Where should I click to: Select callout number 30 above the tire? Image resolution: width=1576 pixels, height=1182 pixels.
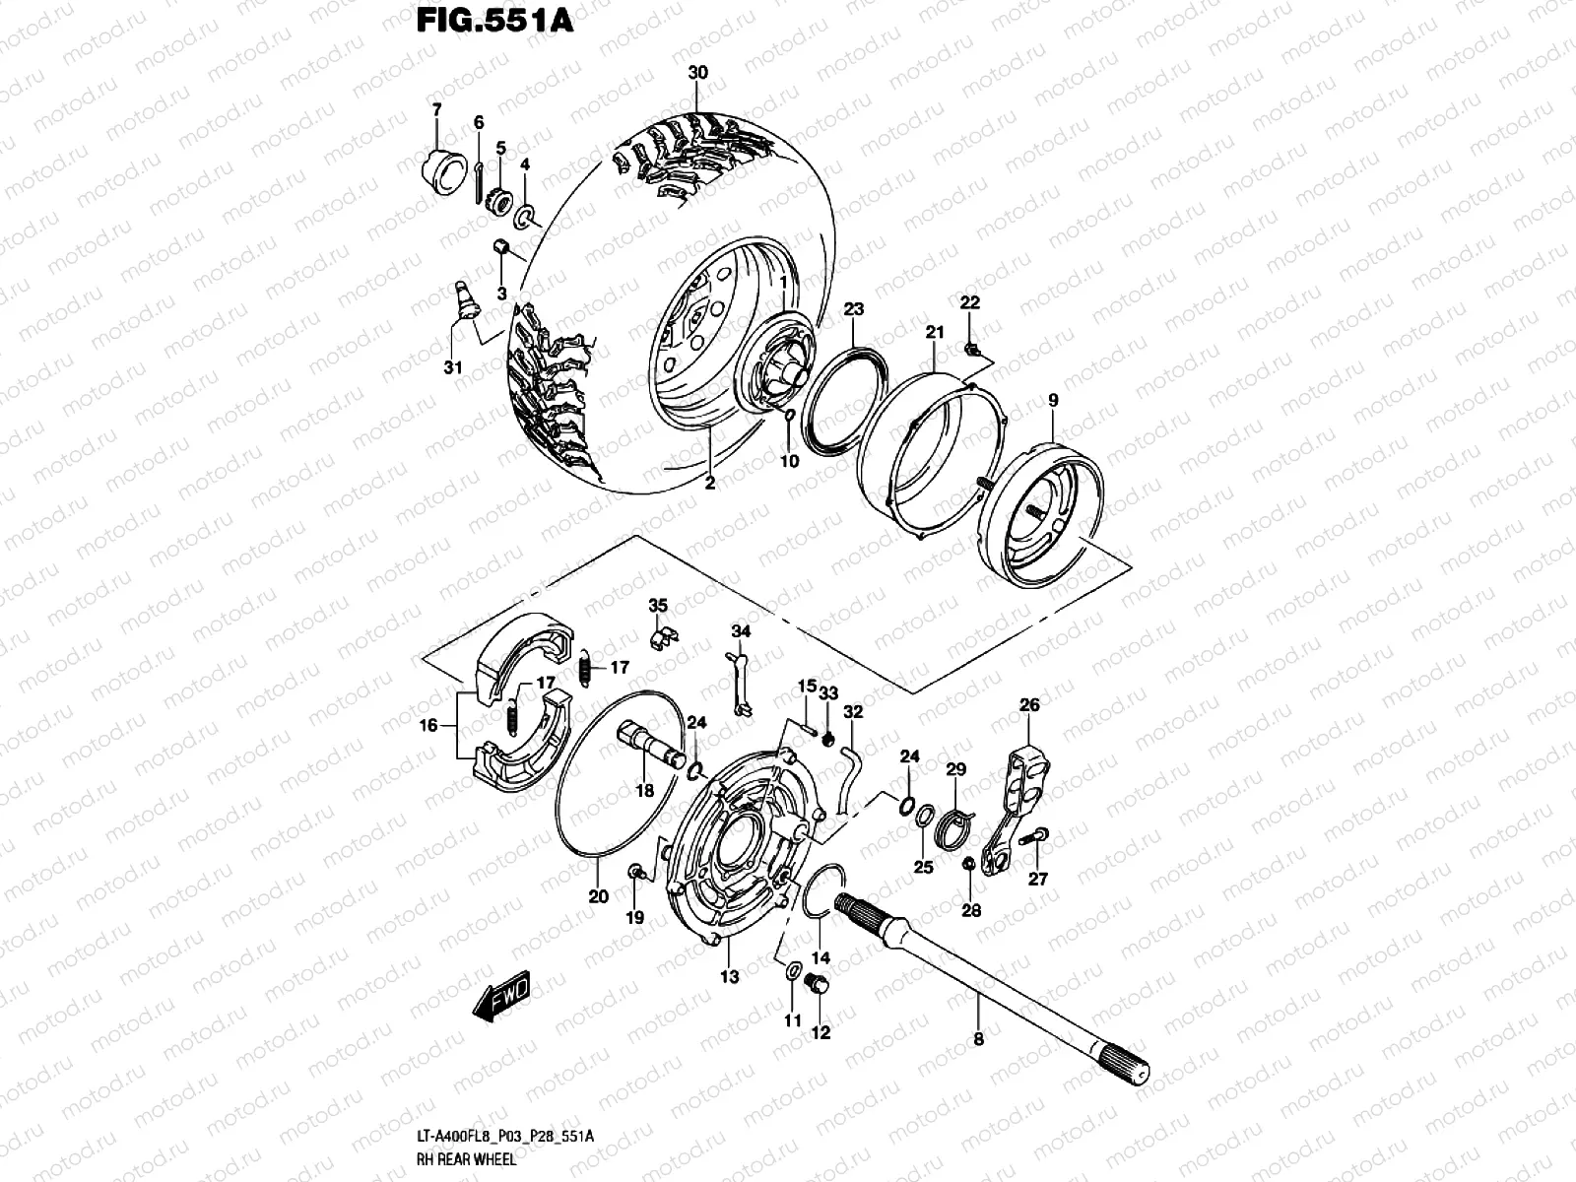[697, 74]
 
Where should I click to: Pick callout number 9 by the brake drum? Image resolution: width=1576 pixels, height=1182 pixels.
[1053, 401]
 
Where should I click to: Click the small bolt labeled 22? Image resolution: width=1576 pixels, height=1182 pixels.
[971, 347]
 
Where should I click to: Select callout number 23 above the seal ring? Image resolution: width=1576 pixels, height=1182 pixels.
[853, 309]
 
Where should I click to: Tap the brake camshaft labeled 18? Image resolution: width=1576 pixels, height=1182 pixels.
[650, 745]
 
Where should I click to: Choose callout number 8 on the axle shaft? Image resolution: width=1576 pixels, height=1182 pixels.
[978, 1037]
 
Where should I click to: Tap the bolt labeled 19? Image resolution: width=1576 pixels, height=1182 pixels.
[636, 872]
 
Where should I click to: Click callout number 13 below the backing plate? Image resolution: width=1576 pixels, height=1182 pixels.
[729, 977]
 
